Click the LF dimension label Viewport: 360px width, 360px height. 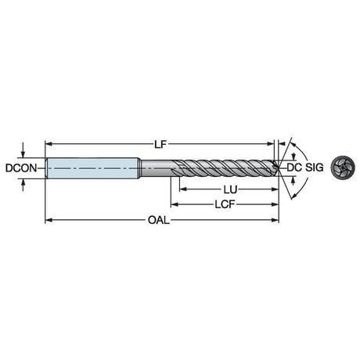160,144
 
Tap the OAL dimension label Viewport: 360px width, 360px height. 159,221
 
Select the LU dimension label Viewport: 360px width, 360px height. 230,189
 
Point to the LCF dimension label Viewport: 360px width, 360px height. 225,204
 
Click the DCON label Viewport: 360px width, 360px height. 21,168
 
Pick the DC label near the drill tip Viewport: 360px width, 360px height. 294,167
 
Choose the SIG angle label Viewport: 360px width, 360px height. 315,167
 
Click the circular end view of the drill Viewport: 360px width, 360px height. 343,167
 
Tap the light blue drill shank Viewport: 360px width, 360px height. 92,168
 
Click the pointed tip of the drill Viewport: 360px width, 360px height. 279,167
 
